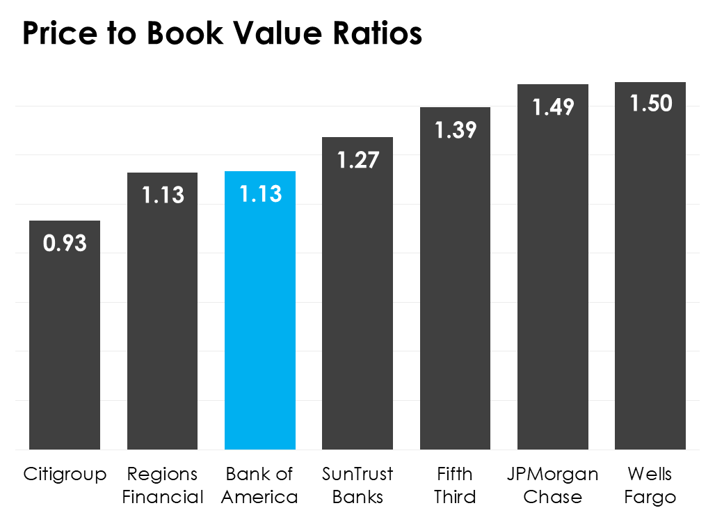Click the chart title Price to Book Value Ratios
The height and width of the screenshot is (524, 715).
[x=222, y=33]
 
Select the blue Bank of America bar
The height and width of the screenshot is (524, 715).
[x=260, y=320]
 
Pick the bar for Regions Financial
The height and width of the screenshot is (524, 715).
[x=162, y=320]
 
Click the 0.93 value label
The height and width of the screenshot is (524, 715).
[x=65, y=244]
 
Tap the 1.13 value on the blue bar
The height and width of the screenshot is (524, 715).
[x=260, y=194]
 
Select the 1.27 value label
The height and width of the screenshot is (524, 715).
[x=357, y=160]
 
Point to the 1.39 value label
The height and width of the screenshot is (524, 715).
[x=456, y=130]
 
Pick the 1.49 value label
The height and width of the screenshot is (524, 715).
[x=553, y=107]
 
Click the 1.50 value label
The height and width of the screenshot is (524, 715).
[x=650, y=104]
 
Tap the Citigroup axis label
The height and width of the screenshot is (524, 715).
[x=65, y=475]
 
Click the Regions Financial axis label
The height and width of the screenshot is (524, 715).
[x=162, y=486]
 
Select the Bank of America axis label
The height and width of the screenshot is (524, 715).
[x=260, y=486]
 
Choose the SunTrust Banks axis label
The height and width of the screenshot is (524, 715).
[x=357, y=486]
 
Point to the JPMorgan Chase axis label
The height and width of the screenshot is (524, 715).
[x=553, y=486]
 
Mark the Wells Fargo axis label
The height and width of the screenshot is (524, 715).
[x=650, y=486]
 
